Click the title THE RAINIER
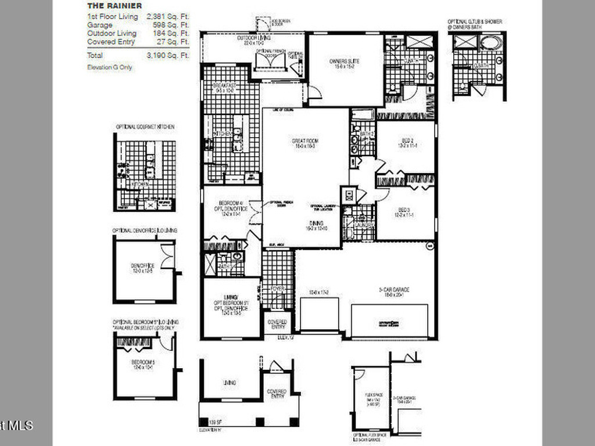tap(106, 6)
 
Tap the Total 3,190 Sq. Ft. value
tap(169, 56)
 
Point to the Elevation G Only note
tap(109, 67)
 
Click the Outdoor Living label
tap(250, 39)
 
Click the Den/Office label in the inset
tap(142, 268)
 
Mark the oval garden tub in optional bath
tap(492, 42)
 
